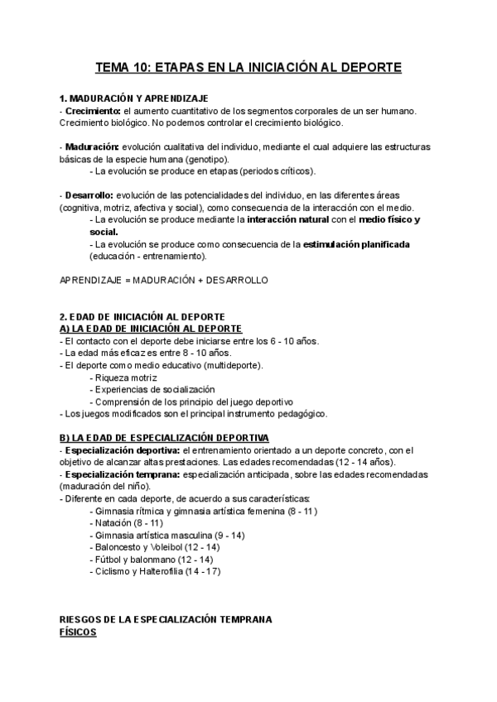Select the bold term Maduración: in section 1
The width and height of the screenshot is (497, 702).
[92, 147]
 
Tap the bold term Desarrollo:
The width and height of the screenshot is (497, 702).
[89, 195]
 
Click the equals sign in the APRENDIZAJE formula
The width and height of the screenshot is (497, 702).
[127, 281]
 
